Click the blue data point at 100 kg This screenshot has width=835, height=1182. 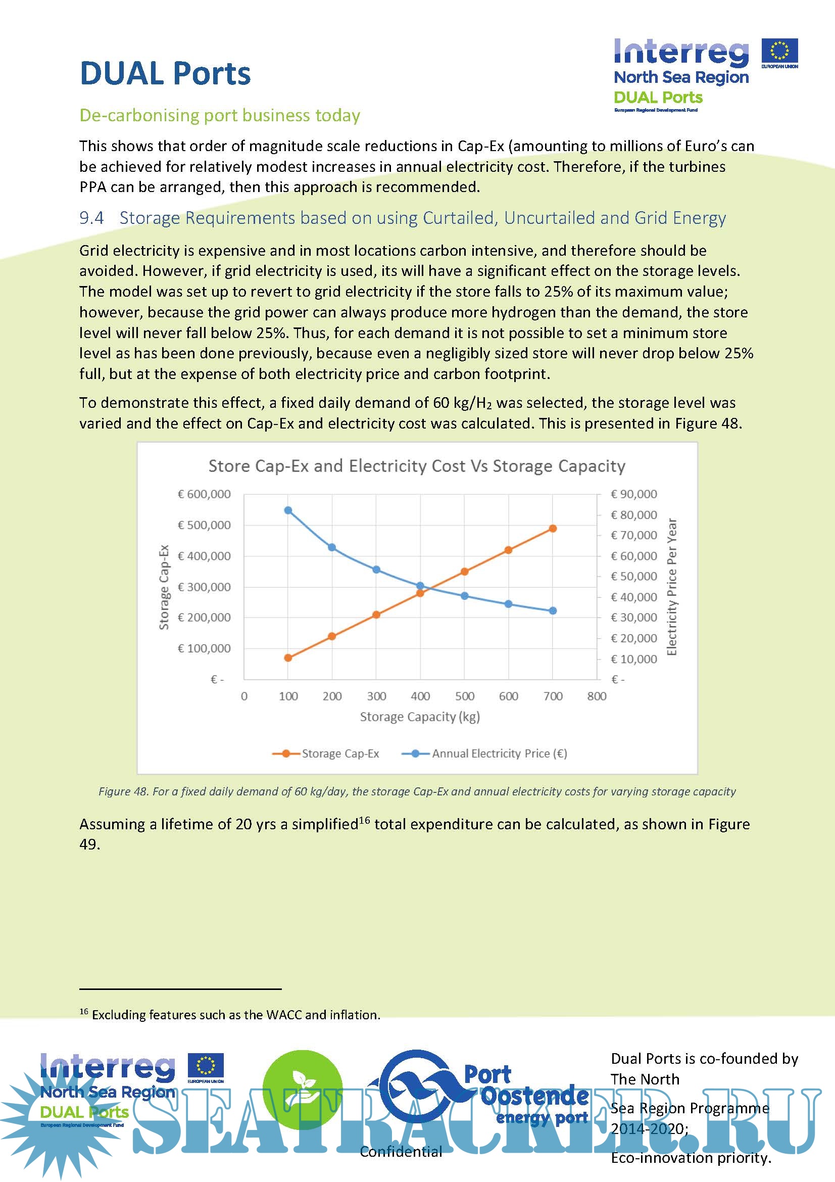click(288, 510)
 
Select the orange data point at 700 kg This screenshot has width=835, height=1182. click(553, 528)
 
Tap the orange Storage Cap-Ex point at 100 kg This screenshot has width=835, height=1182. click(288, 657)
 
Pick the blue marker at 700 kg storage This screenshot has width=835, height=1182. click(553, 610)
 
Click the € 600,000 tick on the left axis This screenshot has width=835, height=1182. click(204, 494)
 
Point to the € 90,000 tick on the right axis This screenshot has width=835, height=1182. click(633, 494)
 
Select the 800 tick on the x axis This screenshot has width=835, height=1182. click(597, 696)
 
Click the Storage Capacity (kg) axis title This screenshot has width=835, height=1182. click(420, 717)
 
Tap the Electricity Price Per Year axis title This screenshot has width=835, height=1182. click(671, 586)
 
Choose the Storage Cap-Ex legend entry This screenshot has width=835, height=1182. click(339, 753)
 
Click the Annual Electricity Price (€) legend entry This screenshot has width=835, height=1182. click(499, 753)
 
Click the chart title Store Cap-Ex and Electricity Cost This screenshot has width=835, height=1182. click(417, 466)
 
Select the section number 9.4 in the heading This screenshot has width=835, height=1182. click(91, 218)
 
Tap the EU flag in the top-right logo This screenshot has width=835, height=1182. click(779, 51)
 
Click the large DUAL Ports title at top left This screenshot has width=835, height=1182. click(165, 74)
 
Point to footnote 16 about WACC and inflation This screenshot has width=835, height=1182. click(230, 1015)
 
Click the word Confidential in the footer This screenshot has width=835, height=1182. click(401, 1151)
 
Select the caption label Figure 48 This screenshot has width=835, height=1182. click(123, 791)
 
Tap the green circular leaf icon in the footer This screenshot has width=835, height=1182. click(303, 1091)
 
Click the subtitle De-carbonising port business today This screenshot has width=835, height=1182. click(220, 115)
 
